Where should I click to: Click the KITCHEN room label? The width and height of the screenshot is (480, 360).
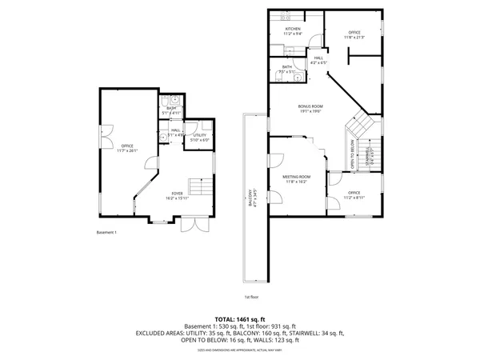point(293,29)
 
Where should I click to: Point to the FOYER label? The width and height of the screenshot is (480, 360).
point(176,193)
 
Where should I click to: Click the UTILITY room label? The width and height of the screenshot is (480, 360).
point(200,135)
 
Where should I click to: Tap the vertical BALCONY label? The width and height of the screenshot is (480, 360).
point(250,198)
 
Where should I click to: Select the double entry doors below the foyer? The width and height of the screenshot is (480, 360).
point(191,224)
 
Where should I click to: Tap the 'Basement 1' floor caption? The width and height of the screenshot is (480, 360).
point(107,233)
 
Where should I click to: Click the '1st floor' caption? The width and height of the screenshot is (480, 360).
point(251,297)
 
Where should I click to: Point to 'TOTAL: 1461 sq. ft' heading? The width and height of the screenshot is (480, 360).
point(239,318)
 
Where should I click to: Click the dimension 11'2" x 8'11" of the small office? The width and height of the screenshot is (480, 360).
point(354,198)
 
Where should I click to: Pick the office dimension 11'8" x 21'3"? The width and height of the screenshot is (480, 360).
point(354,37)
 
